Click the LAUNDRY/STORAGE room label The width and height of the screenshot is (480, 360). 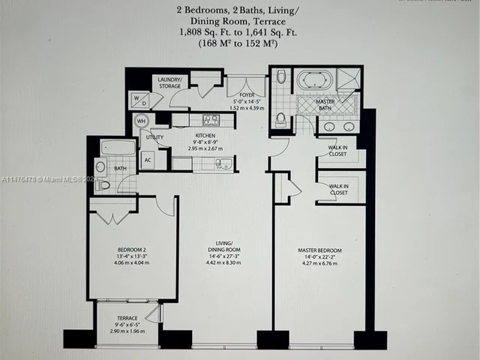(169, 82)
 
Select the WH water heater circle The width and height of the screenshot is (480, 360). (141, 121)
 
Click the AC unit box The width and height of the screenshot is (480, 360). (148, 160)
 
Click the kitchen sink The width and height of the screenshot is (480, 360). (223, 163)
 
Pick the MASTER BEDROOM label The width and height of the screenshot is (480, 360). (319, 250)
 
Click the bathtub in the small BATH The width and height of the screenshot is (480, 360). (118, 147)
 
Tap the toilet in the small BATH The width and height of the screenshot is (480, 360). (103, 184)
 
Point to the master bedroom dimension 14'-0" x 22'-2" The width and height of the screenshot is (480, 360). (319, 256)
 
